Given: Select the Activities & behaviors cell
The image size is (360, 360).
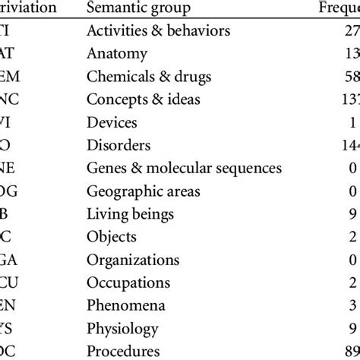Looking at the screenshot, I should [158, 31].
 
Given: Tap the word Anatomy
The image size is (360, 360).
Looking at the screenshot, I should [117, 54].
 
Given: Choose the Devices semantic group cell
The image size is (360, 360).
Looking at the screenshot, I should [112, 122].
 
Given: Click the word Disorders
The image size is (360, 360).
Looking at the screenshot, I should [119, 145].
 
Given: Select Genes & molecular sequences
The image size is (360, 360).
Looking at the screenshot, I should [185, 168].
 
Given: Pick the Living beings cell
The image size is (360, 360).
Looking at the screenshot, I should [131, 214].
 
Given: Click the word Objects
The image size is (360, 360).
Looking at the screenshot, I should [112, 237].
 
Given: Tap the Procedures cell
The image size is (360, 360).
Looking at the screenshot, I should [124, 351].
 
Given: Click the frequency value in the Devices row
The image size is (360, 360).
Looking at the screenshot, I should [353, 122].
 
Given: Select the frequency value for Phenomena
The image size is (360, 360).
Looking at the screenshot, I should [352, 305].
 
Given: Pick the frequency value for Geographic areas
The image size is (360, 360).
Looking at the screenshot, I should [352, 191].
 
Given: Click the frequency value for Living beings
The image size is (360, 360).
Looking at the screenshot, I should [352, 214].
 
